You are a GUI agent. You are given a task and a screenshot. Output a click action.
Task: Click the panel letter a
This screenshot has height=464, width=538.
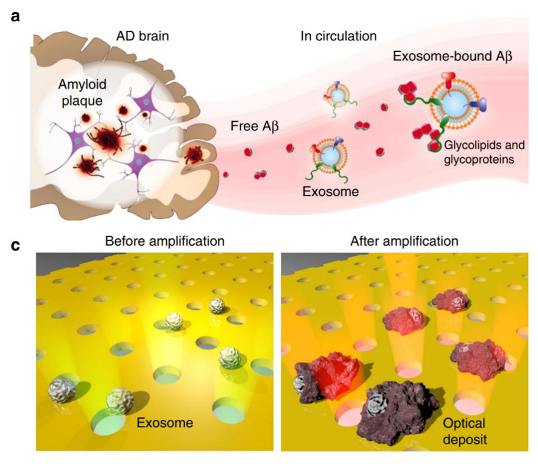coord(15,16)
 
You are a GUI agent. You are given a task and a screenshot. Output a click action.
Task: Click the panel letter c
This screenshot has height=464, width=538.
coord(15,245)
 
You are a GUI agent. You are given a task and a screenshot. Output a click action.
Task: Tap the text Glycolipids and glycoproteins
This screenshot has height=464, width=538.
coord(484,151)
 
